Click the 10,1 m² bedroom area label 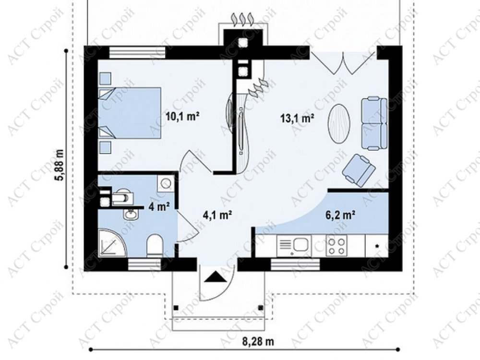pos(182,116)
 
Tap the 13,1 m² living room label pos(298,118)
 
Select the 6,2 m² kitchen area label pos(340,215)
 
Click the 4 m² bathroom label pos(159,207)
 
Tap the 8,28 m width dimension pos(258,341)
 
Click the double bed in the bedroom pos(130,112)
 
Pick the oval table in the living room pos(339,123)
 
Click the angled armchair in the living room pos(359,170)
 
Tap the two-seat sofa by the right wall pos(374,123)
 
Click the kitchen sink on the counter pos(294,245)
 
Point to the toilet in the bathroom pos(154,245)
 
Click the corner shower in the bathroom pos(112,242)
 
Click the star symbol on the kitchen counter pos(377,246)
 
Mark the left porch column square pos(176,308)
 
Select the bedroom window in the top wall pos(137,52)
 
